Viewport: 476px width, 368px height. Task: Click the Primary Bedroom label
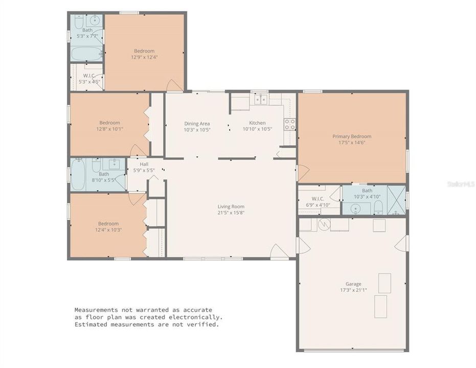point(352,136)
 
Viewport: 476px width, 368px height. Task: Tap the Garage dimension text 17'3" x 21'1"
point(353,290)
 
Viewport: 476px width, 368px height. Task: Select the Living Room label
point(231,206)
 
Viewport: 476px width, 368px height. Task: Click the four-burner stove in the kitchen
point(289,124)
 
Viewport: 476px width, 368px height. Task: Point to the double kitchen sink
point(260,99)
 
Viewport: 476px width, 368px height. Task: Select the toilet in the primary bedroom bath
point(378,207)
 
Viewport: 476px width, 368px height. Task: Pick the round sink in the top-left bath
point(94,21)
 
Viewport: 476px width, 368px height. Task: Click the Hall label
point(144,164)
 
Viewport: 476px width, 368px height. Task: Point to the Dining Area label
point(197,123)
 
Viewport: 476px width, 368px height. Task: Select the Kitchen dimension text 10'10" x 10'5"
point(257,129)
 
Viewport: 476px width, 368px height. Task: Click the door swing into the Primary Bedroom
point(303,173)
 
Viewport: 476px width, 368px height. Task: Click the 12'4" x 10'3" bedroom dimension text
point(108,229)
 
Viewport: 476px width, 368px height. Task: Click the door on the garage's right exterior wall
point(403,243)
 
